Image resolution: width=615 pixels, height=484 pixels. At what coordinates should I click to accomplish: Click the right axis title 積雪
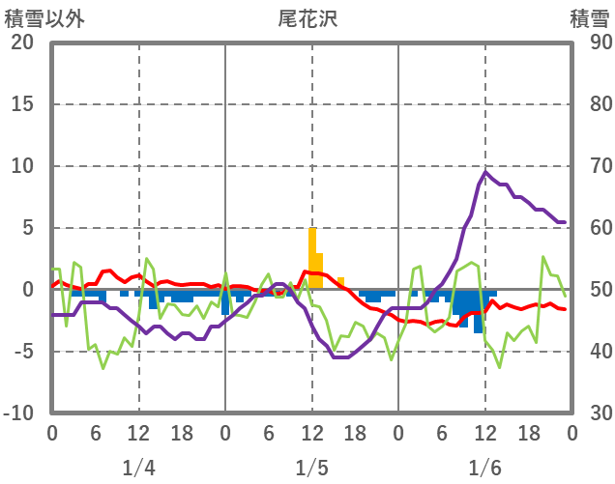pyautogui.click(x=588, y=18)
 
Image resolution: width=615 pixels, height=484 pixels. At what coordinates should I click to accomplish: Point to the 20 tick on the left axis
pyautogui.click(x=21, y=43)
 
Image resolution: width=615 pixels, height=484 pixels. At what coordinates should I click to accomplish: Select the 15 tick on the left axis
pyautogui.click(x=21, y=104)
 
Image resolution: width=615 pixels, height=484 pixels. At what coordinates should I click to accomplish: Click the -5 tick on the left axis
pyautogui.click(x=21, y=352)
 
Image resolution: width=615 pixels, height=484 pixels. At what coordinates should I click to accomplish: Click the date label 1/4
pyautogui.click(x=138, y=469)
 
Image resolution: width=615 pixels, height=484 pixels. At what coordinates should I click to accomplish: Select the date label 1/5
pyautogui.click(x=311, y=469)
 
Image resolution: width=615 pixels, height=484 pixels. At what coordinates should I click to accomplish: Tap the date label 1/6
pyautogui.click(x=484, y=469)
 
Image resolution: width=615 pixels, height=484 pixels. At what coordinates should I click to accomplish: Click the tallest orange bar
pyautogui.click(x=312, y=259)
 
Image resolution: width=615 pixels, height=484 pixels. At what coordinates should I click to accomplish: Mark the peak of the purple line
pyautogui.click(x=485, y=172)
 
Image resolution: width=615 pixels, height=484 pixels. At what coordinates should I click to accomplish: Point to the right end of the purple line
pyautogui.click(x=565, y=222)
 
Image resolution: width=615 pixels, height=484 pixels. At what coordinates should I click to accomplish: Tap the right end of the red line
pyautogui.click(x=565, y=308)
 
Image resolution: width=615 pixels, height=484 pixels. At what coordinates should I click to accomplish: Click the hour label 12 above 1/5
pyautogui.click(x=311, y=432)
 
